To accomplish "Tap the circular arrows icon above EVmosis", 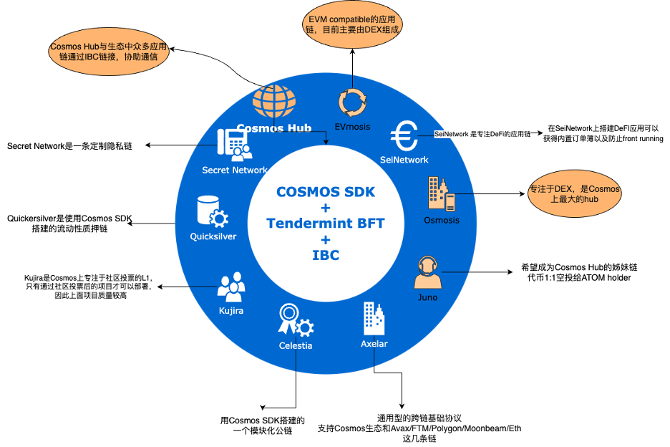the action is [x=352, y=103].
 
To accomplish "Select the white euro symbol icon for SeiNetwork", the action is [x=404, y=135].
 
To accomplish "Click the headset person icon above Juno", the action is [x=428, y=272].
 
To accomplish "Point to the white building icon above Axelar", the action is [x=374, y=318].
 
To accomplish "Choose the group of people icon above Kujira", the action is [x=231, y=287].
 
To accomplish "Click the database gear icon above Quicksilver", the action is [x=213, y=211].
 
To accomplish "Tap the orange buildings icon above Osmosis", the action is [x=442, y=193].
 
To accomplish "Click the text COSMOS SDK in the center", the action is [x=326, y=192].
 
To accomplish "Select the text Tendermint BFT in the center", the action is [x=326, y=223].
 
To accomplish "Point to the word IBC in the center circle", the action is [x=326, y=255].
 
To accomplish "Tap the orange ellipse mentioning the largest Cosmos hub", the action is [x=574, y=193].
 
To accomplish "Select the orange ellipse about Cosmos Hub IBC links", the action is [x=109, y=52].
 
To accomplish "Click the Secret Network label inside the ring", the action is [x=235, y=170].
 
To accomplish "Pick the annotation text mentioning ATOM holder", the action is [x=579, y=272].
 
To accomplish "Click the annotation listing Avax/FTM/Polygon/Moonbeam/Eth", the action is [x=419, y=428].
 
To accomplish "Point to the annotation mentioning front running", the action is [x=603, y=133].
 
